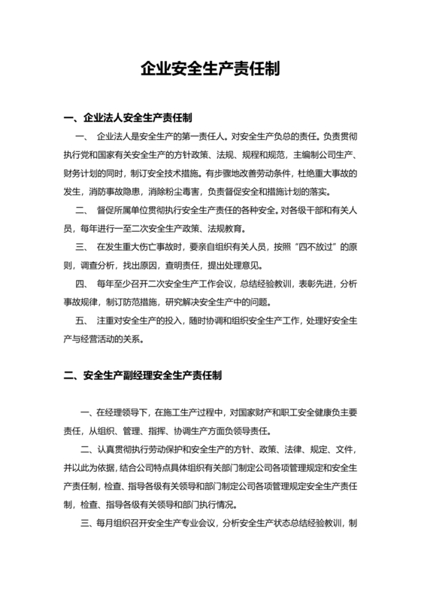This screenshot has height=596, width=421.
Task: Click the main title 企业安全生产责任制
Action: click(210, 70)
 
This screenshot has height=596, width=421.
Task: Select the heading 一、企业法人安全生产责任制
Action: click(129, 118)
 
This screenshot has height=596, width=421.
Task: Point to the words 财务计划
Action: click(82, 172)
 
